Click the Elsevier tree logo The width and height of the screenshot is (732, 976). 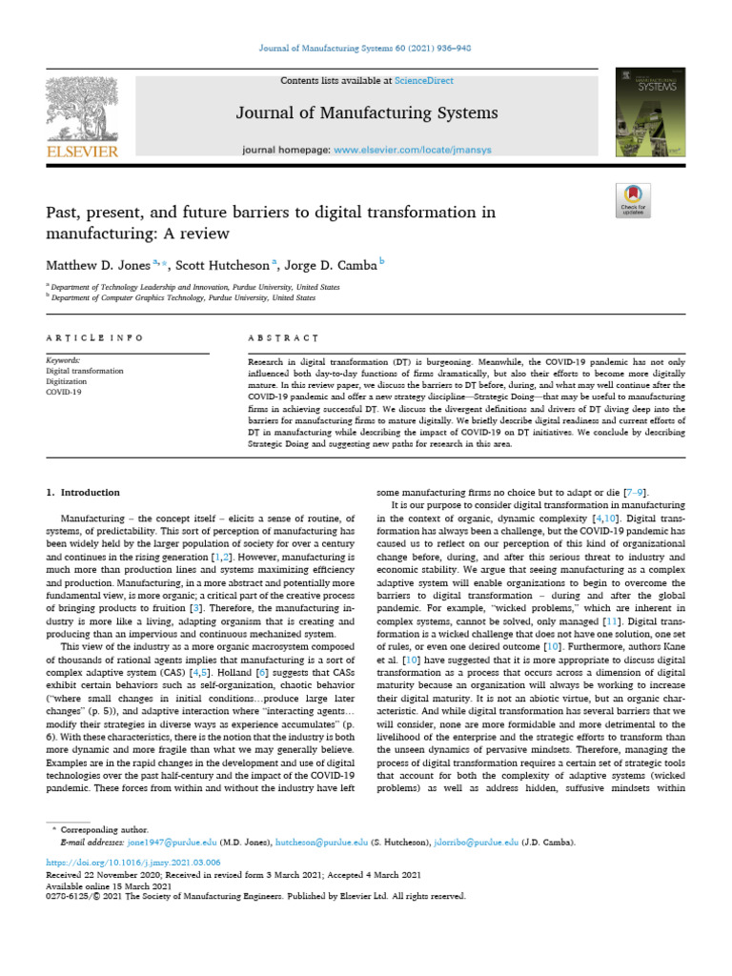tap(80, 108)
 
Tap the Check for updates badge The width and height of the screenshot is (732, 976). tap(633, 199)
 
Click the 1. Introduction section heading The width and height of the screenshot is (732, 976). tap(84, 492)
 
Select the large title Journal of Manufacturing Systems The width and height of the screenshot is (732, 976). tap(367, 114)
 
